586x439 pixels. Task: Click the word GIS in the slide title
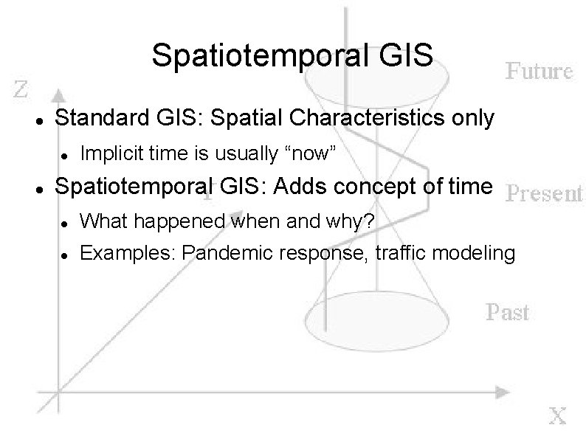click(x=408, y=56)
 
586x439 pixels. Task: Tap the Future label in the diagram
click(x=539, y=72)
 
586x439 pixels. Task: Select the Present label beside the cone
click(x=545, y=193)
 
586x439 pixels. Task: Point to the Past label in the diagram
click(x=508, y=312)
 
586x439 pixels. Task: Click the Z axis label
click(x=22, y=90)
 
